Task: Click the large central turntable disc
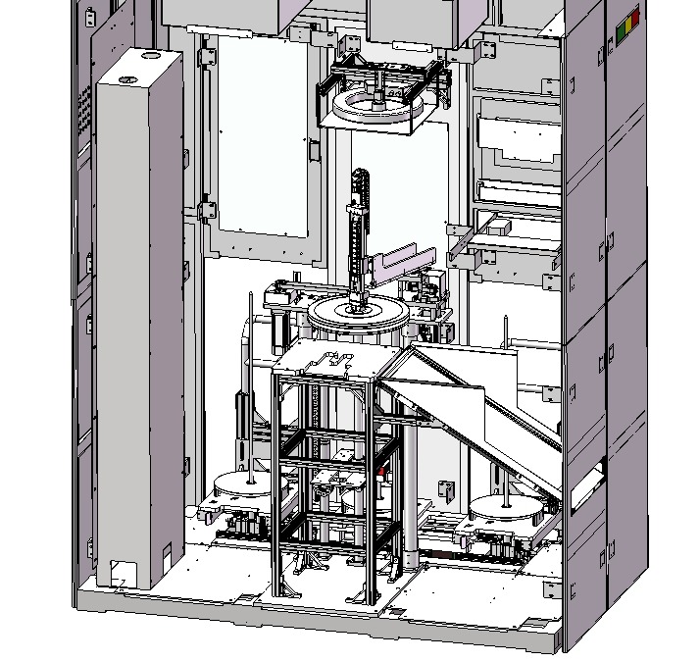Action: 358,316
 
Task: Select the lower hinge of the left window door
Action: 207,210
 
